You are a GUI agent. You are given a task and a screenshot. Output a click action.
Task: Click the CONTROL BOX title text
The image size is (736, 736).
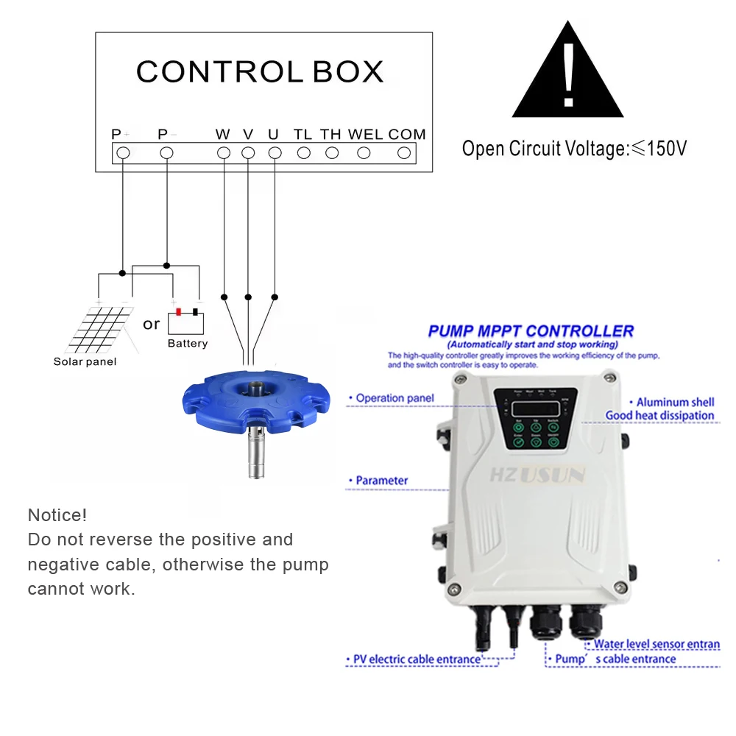[260, 71]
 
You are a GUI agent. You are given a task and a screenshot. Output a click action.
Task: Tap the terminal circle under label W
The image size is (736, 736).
[224, 152]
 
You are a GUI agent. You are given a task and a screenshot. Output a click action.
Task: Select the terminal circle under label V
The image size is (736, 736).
[248, 152]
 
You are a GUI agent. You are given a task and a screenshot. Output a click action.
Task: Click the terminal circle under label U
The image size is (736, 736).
[275, 152]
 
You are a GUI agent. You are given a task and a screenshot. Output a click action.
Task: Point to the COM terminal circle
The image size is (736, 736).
[404, 152]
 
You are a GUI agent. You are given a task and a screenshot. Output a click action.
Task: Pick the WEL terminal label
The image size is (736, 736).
[365, 135]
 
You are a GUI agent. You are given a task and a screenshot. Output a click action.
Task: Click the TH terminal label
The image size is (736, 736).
[330, 135]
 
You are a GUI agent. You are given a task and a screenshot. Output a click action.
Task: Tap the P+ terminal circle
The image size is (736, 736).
[124, 152]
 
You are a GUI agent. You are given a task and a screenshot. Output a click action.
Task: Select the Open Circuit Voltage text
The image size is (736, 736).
[574, 149]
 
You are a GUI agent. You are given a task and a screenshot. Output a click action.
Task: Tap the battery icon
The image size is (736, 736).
[186, 322]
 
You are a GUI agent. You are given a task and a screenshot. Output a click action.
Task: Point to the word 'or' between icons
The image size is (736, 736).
[152, 325]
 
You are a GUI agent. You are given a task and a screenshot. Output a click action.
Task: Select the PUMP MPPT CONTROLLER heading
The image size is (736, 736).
[531, 331]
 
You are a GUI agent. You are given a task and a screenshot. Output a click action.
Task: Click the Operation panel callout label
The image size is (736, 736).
[394, 398]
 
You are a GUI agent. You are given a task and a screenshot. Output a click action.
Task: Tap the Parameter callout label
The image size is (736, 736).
[381, 481]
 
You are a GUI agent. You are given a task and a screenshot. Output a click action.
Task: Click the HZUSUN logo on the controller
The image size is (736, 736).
[537, 475]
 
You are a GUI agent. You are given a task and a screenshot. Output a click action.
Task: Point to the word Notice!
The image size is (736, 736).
[57, 515]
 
